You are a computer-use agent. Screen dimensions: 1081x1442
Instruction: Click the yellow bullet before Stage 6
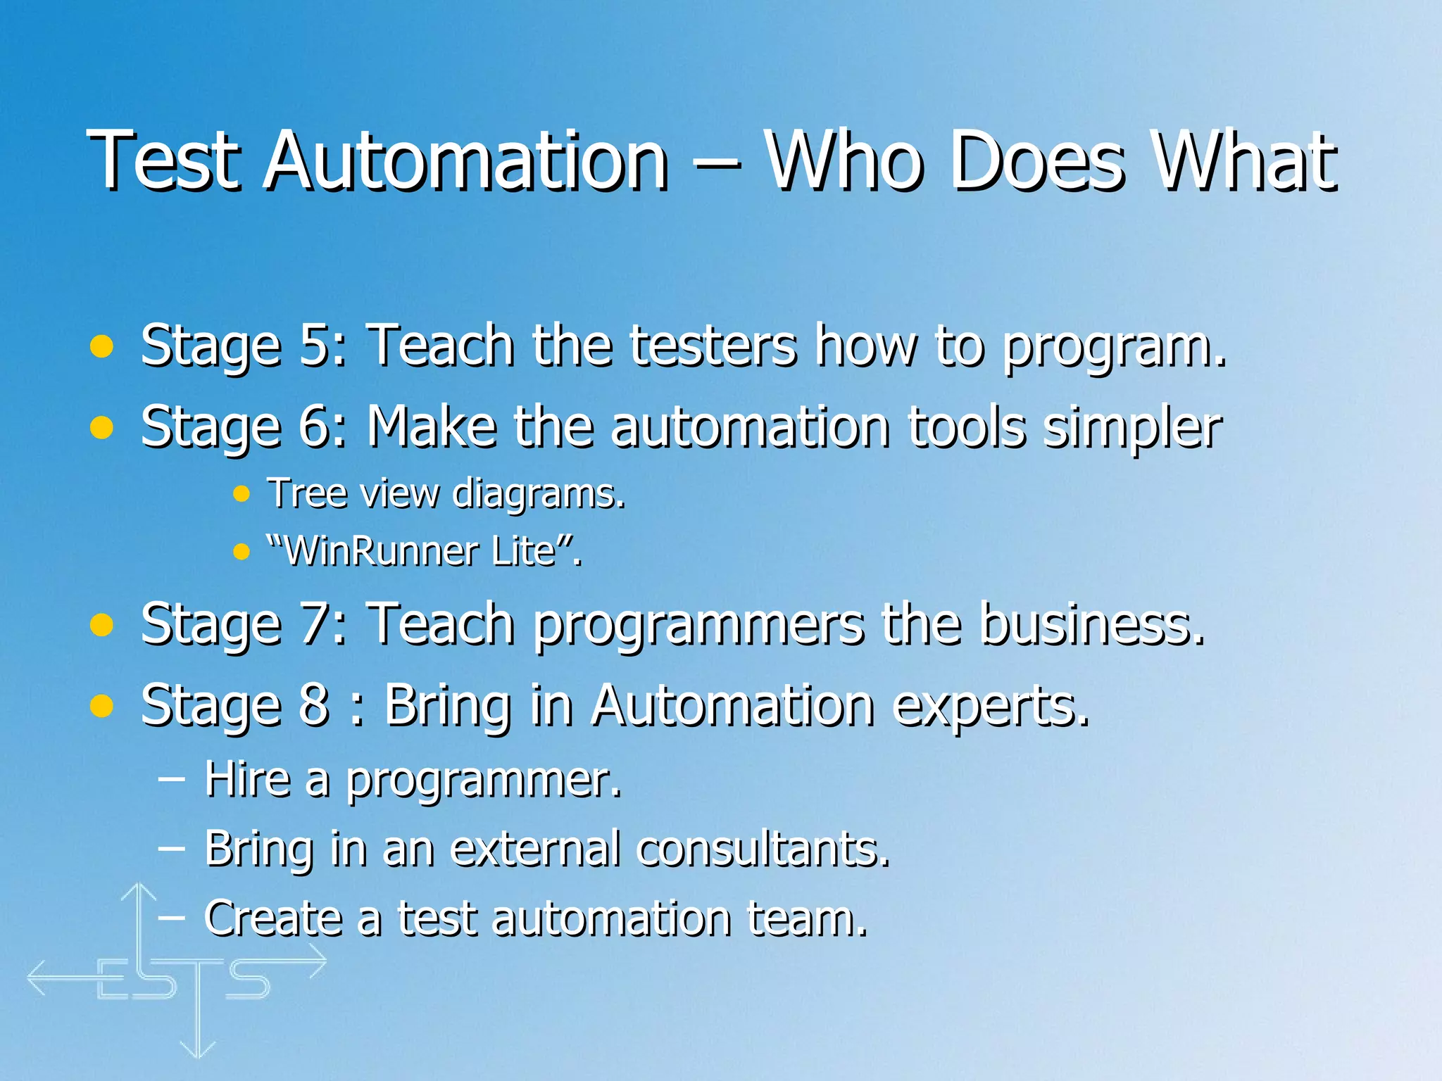point(102,426)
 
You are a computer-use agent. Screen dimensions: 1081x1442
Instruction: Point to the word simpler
point(1132,428)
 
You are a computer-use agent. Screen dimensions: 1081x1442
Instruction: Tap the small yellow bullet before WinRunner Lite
point(242,551)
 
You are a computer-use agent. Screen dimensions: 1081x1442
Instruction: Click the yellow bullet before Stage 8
point(102,705)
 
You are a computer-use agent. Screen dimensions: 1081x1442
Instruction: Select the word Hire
point(247,779)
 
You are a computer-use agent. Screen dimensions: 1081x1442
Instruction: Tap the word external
point(536,848)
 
